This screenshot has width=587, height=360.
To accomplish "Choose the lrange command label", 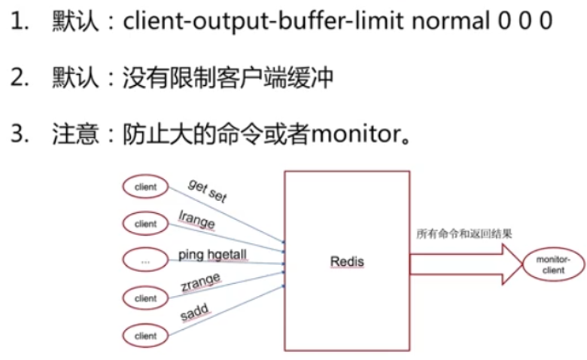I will coord(197,223).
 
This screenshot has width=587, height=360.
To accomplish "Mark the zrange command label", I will coord(200,283).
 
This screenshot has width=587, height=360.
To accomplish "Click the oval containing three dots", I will coord(145,261).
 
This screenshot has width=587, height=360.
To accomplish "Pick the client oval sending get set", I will coord(145,186).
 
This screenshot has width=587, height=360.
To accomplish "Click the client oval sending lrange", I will coord(145,224).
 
